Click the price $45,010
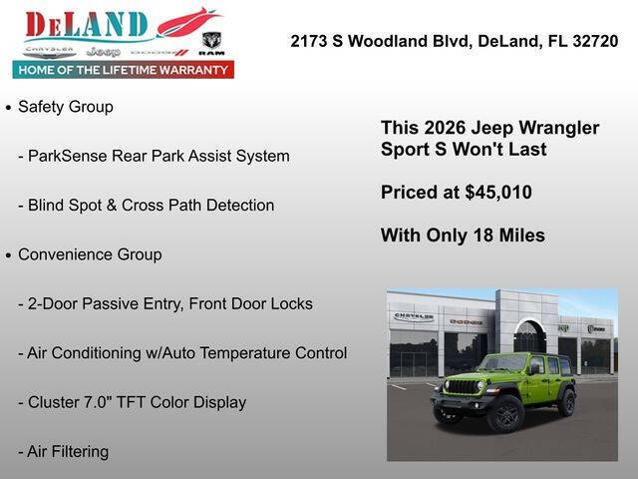coord(495,193)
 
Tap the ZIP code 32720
coord(590,41)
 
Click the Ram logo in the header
coord(211,43)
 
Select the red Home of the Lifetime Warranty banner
coord(124,70)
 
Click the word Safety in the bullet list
coord(41,107)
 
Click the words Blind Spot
coord(67,206)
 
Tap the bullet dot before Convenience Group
coord(9,255)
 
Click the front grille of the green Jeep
coord(462,386)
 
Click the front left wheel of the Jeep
coord(505,412)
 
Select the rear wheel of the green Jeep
coord(567,401)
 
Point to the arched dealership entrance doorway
coord(529,339)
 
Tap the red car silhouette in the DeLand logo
coord(187,20)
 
